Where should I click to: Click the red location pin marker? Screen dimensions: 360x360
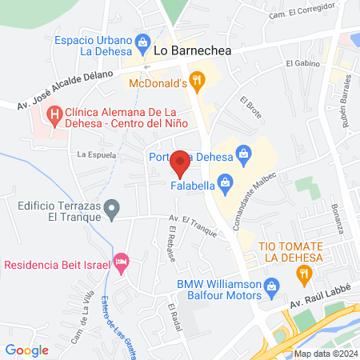click(181, 163)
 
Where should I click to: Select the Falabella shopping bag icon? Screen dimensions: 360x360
click(226, 186)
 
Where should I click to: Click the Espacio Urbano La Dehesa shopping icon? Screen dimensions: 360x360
click(143, 41)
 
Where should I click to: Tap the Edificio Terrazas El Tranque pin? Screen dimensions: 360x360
click(113, 210)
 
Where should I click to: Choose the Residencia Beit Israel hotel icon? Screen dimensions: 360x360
click(122, 262)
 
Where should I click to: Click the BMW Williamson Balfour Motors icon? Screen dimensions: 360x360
click(271, 286)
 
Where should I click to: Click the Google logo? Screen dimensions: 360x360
click(26, 350)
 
